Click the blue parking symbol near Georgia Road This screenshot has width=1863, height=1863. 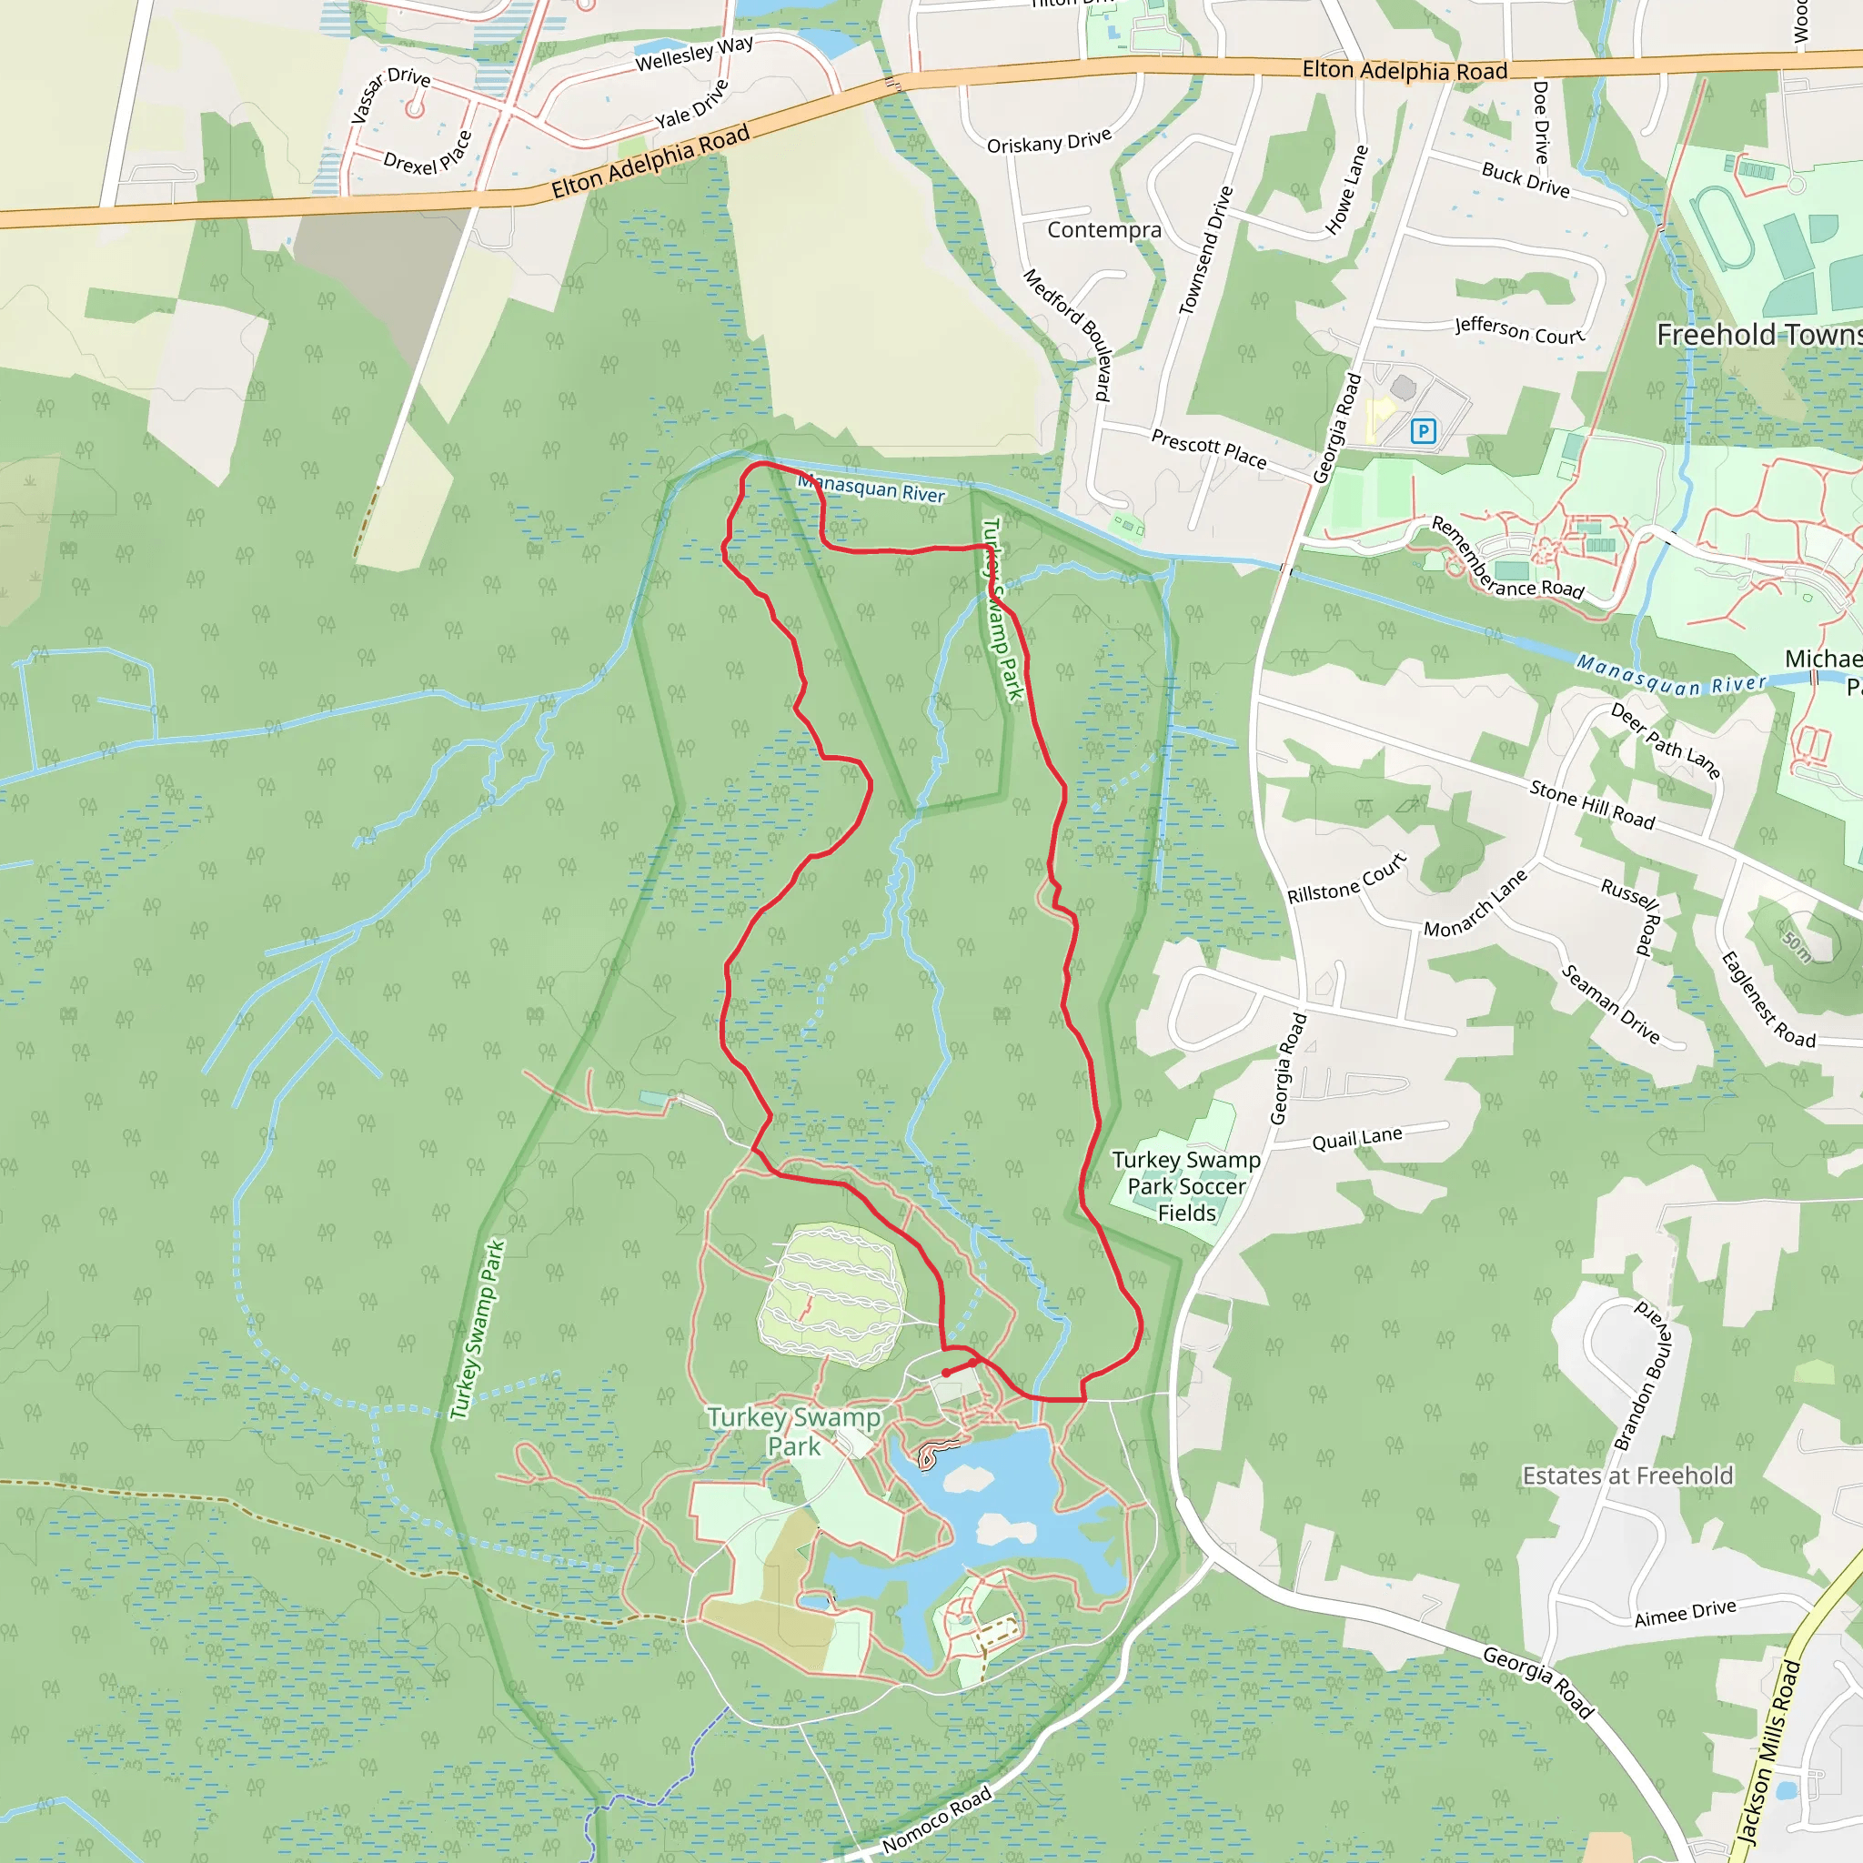1424,431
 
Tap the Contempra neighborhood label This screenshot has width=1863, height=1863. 1104,229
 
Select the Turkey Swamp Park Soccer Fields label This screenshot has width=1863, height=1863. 1186,1186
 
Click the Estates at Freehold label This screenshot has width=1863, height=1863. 1627,1475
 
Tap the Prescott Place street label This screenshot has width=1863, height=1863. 1209,448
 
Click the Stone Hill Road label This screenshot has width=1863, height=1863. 1592,805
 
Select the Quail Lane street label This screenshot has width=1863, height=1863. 1356,1139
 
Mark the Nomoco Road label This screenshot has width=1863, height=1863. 936,1818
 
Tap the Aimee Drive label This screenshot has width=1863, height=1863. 1686,1612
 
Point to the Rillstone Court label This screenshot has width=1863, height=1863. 1347,879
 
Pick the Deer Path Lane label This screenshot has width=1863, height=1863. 1666,740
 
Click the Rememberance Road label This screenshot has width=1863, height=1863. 1506,559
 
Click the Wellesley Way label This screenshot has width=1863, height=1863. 694,54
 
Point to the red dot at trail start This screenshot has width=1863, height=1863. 946,1373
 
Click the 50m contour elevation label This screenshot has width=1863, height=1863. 1797,945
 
